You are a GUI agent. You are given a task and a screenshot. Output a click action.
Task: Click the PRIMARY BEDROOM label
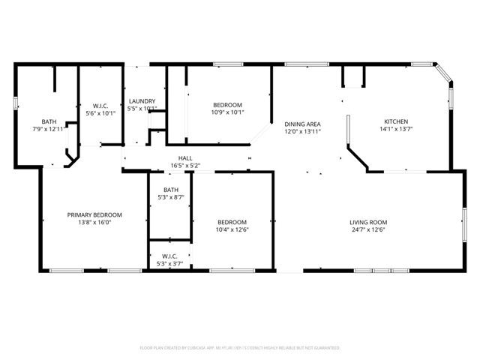point(94,214)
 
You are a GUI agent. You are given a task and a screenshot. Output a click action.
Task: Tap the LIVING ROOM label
point(367,222)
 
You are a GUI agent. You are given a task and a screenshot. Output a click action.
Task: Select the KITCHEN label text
point(396,121)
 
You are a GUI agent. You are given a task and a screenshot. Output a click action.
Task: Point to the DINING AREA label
point(302,124)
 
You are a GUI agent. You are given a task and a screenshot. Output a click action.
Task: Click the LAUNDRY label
point(142,101)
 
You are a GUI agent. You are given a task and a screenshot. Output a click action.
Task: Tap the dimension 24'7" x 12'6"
point(367,229)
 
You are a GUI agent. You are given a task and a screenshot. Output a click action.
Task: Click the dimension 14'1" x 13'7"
point(396,129)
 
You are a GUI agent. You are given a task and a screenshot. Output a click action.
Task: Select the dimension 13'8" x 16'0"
point(94,222)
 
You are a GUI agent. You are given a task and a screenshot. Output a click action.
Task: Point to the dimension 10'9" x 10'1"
point(227,112)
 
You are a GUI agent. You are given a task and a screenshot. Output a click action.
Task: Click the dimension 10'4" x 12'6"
point(232,229)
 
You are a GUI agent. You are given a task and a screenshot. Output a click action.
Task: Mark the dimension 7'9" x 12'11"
point(49,129)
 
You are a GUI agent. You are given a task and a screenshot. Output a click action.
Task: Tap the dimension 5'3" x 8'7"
point(171,197)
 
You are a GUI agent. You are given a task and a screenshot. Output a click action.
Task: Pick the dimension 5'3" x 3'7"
point(171,263)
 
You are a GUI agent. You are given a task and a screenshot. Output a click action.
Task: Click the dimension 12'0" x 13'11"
point(302,131)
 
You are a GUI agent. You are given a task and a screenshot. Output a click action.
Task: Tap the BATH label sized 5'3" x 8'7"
point(171,190)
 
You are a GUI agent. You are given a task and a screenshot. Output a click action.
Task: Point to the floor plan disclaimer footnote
point(240,348)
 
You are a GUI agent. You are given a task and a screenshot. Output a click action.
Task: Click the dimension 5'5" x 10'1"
point(142,109)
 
